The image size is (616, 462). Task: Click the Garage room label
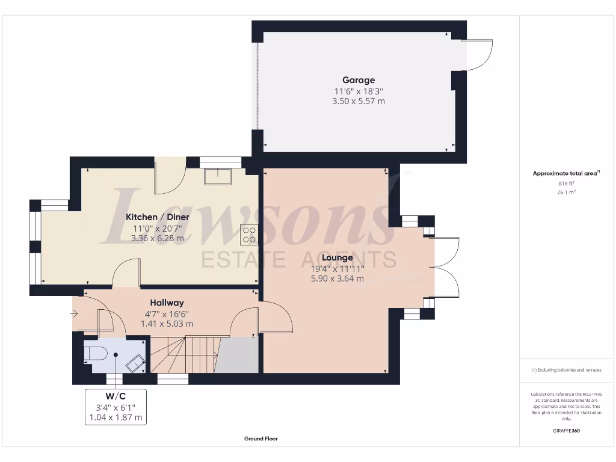point(359,80)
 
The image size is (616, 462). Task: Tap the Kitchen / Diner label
point(158,217)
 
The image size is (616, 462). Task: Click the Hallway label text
point(167,303)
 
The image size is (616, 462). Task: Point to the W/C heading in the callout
point(115,395)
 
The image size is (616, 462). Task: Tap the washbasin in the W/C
point(134,363)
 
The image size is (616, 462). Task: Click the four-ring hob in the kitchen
point(248,234)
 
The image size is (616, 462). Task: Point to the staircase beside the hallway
point(183,355)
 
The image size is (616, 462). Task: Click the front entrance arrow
point(74,313)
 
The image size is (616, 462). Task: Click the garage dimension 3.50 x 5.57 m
point(359,102)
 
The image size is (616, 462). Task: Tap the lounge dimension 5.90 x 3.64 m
point(337,279)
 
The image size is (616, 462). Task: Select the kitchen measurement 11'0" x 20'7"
point(158,228)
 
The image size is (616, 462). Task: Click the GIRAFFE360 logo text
point(566,431)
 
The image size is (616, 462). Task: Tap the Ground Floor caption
point(260,439)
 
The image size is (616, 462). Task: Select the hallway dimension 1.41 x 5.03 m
point(167,324)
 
